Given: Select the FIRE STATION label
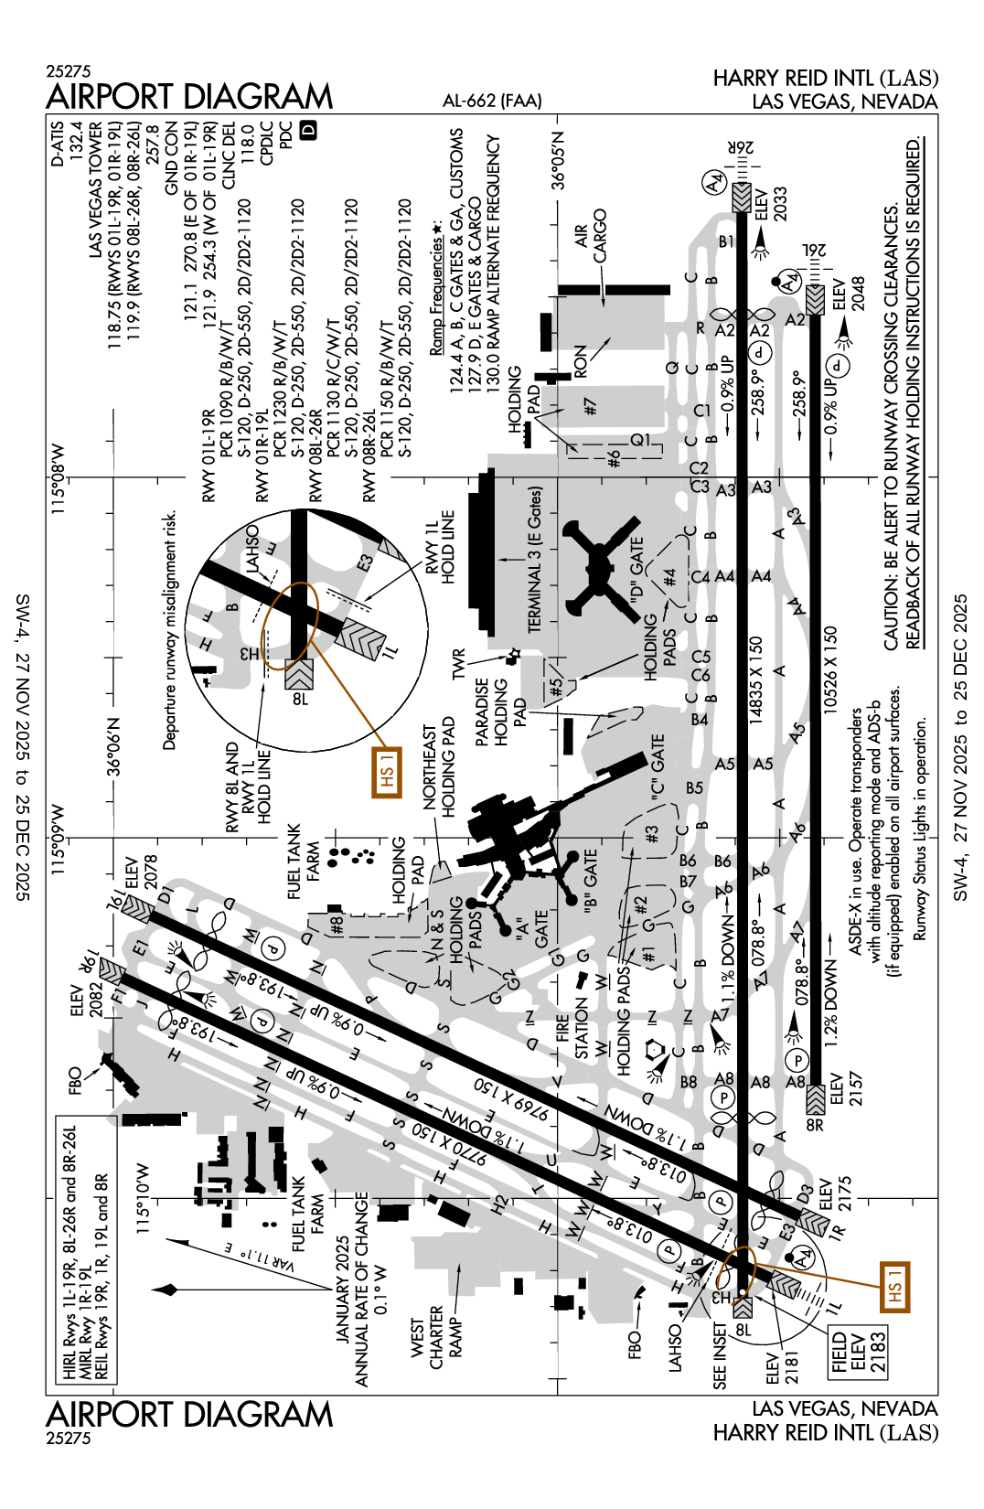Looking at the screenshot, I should (572, 1034).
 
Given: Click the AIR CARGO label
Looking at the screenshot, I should (591, 236).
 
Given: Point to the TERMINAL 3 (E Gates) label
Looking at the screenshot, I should (535, 559).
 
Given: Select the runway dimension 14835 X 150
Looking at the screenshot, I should (755, 681).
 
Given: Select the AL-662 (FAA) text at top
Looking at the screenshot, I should (492, 101).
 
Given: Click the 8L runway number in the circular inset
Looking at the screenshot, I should (300, 699).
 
